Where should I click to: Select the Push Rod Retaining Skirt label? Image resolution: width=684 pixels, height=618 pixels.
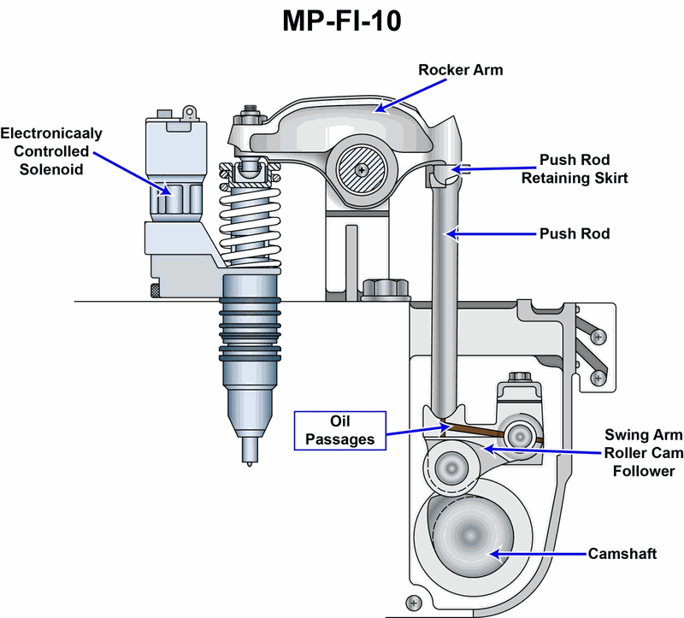coord(581,169)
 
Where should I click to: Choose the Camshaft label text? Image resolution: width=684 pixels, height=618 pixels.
coord(622,554)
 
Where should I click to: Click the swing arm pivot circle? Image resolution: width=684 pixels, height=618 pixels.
coord(519,435)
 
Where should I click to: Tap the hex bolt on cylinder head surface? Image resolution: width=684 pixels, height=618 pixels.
coord(380,290)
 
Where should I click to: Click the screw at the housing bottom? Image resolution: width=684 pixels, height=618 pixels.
coord(415,603)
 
